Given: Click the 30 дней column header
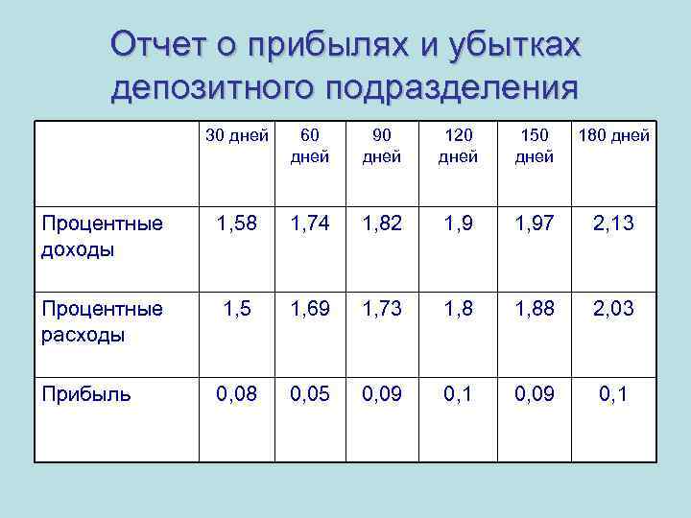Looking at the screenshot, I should (x=237, y=135).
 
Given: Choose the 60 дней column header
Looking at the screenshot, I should (x=309, y=145).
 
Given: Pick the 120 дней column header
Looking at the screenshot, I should (x=458, y=145).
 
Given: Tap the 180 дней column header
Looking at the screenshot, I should (x=612, y=135).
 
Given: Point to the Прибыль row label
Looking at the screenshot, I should (x=85, y=393).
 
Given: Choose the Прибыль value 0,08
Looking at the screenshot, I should (x=237, y=392).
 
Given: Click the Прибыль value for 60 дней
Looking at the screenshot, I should (x=309, y=392).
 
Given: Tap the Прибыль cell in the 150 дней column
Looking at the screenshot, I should (x=534, y=392).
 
